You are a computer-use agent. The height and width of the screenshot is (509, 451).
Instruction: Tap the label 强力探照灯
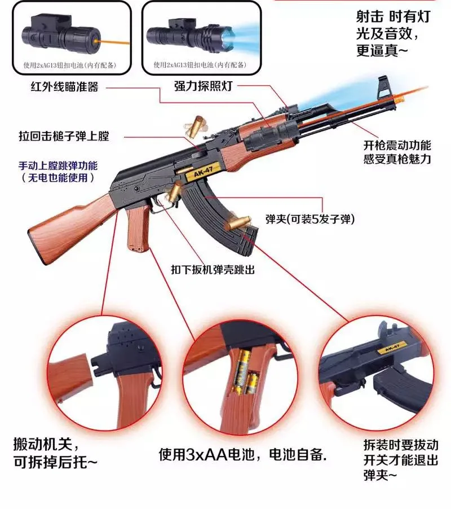[204, 86]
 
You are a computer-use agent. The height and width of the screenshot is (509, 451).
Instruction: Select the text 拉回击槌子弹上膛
[64, 137]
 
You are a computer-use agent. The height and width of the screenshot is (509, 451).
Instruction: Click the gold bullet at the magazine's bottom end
[237, 223]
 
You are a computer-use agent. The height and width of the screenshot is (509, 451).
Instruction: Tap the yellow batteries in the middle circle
[243, 373]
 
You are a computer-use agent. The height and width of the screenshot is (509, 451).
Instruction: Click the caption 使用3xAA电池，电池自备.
[243, 455]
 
